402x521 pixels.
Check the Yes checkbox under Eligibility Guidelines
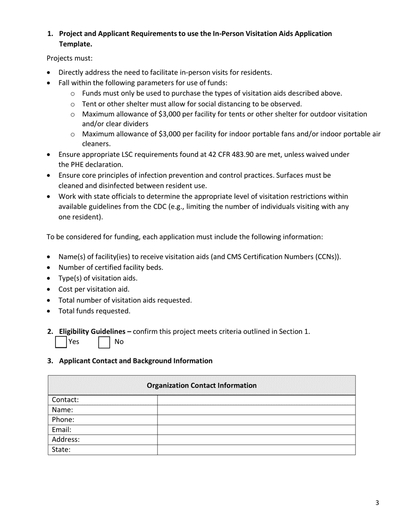(61, 342)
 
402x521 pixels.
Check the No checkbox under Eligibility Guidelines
(104, 342)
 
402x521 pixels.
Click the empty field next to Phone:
(256, 420)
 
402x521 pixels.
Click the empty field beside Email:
(256, 430)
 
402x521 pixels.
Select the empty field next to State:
(256, 450)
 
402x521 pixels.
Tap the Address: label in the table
(66, 440)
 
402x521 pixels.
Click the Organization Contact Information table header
(201, 385)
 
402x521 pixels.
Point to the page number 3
(377, 503)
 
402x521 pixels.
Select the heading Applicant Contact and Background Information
(135, 361)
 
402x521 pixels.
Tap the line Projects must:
(69, 58)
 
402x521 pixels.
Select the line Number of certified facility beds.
(111, 267)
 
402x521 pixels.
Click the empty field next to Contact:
(256, 400)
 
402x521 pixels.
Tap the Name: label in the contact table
(63, 410)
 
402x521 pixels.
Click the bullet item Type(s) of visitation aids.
(98, 278)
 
